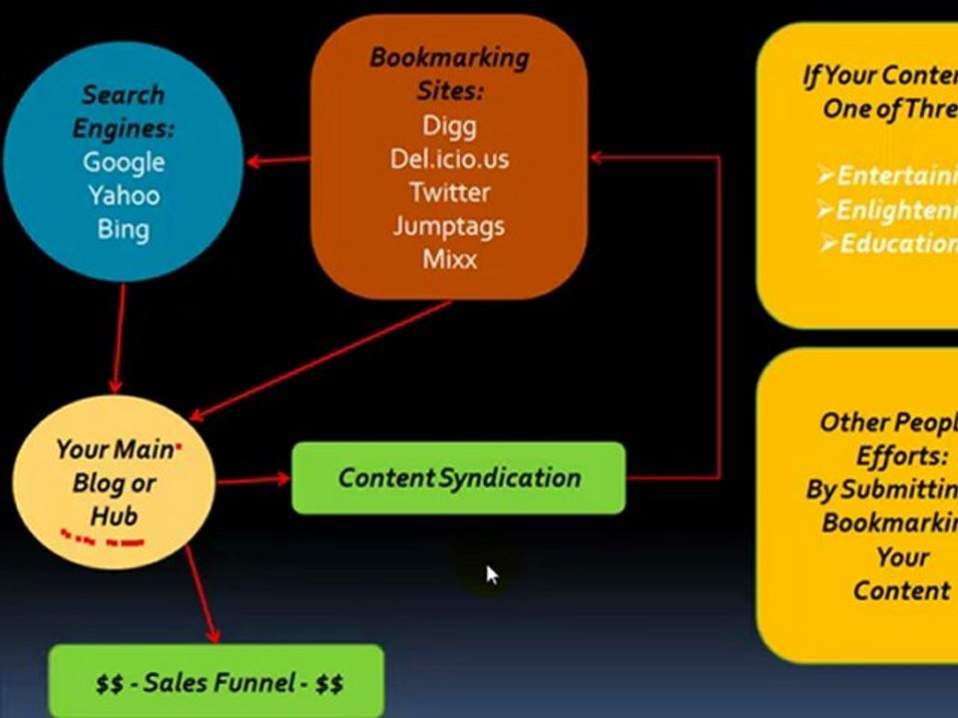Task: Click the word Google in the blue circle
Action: [x=124, y=162]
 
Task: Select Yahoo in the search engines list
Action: [x=124, y=194]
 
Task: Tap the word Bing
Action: [x=124, y=228]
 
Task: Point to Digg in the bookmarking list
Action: [x=449, y=126]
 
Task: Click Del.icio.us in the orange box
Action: [x=449, y=159]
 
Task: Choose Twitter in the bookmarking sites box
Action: [x=449, y=191]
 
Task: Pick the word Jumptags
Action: [x=449, y=225]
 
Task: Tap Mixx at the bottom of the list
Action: [x=449, y=259]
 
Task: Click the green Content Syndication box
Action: [x=458, y=479]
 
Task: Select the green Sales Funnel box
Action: [x=217, y=682]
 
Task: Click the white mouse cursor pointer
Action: [x=492, y=574]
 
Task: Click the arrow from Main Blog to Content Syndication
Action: [x=253, y=481]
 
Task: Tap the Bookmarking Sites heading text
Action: [x=449, y=74]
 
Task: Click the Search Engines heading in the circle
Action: [x=124, y=112]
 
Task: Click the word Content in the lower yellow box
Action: [x=901, y=590]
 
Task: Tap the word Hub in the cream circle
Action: [x=114, y=516]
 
